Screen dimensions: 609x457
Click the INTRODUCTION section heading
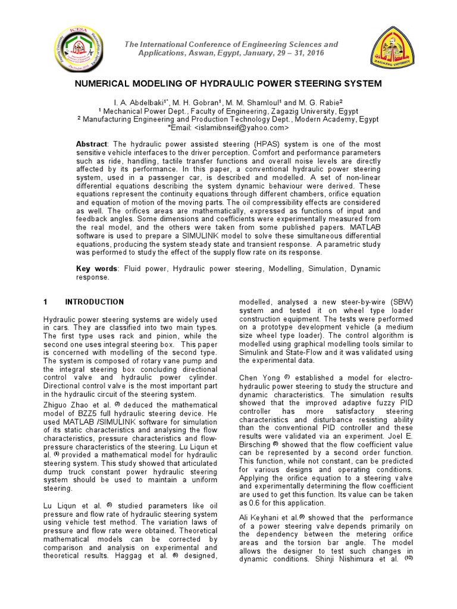pos(94,302)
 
